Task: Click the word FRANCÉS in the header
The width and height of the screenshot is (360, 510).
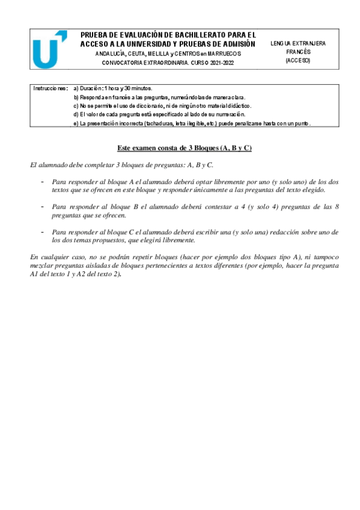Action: click(299, 52)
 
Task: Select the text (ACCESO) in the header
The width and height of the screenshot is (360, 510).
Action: click(299, 60)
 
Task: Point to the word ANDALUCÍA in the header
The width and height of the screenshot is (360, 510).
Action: click(111, 54)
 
